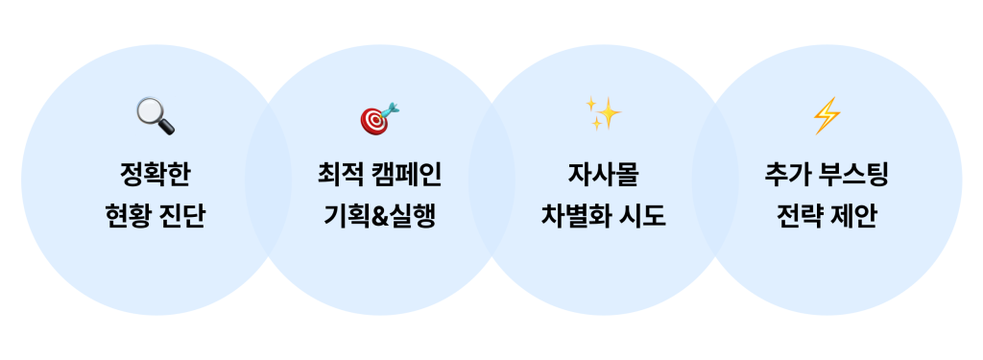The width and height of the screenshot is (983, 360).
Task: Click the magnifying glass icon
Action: [x=155, y=116]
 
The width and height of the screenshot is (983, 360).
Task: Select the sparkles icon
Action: [x=604, y=115]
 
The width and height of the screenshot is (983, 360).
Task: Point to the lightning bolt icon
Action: [x=827, y=116]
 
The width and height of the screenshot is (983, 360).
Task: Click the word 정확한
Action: [x=156, y=176]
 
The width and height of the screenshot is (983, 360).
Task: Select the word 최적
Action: [x=338, y=176]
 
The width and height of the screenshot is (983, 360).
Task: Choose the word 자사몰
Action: [x=603, y=176]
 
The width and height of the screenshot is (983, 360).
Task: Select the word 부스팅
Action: [x=852, y=176]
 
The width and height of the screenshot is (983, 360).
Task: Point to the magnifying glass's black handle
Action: [x=167, y=128]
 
